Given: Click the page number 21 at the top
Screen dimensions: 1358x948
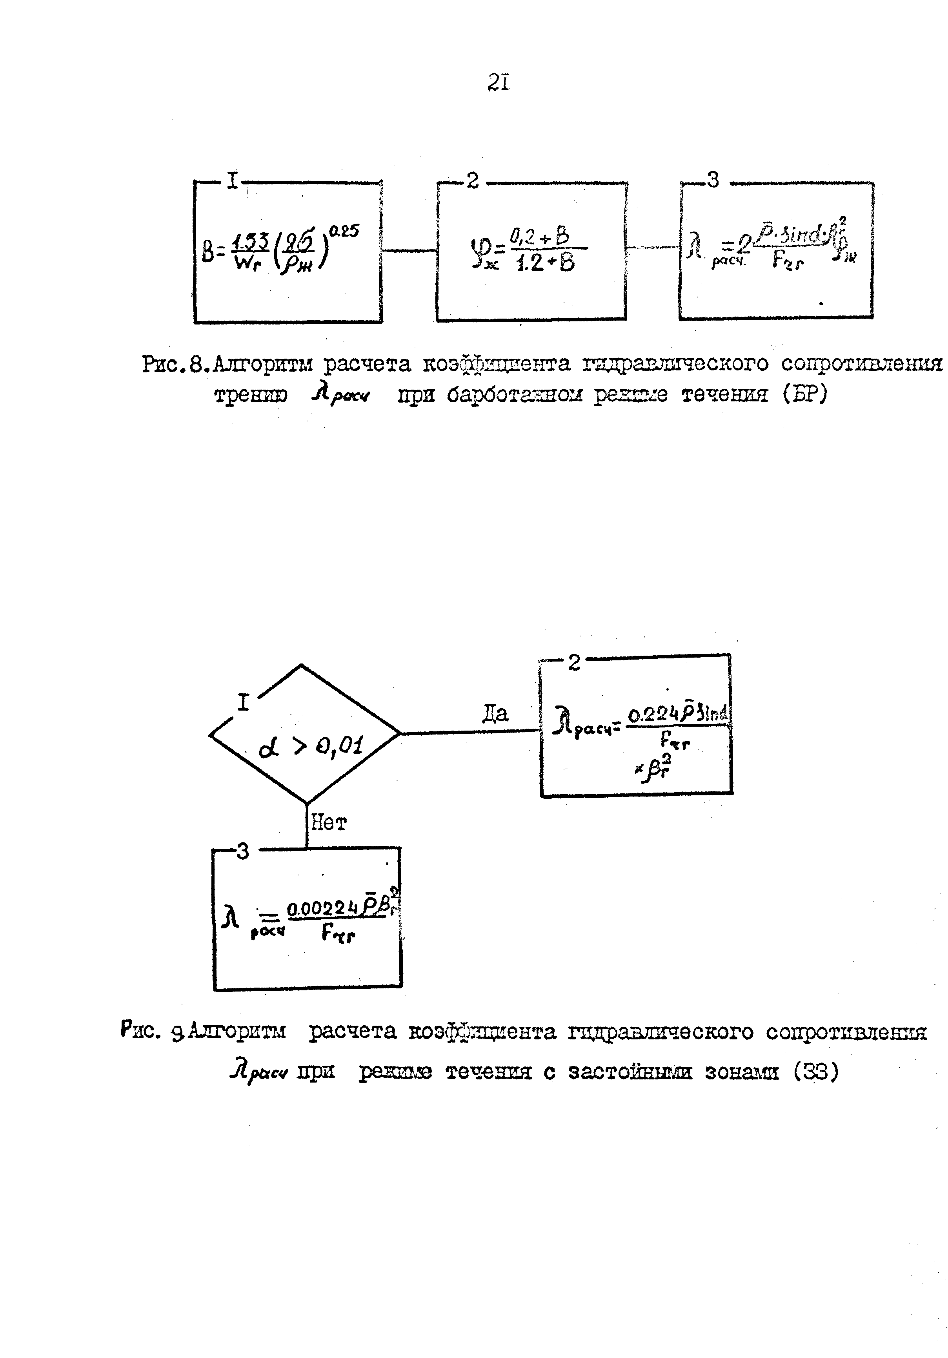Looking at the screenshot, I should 498,82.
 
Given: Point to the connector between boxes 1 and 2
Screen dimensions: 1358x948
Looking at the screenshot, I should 409,251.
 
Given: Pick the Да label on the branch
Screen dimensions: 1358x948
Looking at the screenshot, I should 495,714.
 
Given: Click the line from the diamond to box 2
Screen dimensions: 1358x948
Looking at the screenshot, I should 470,732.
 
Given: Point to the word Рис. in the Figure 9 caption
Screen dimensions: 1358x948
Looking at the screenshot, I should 140,1030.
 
